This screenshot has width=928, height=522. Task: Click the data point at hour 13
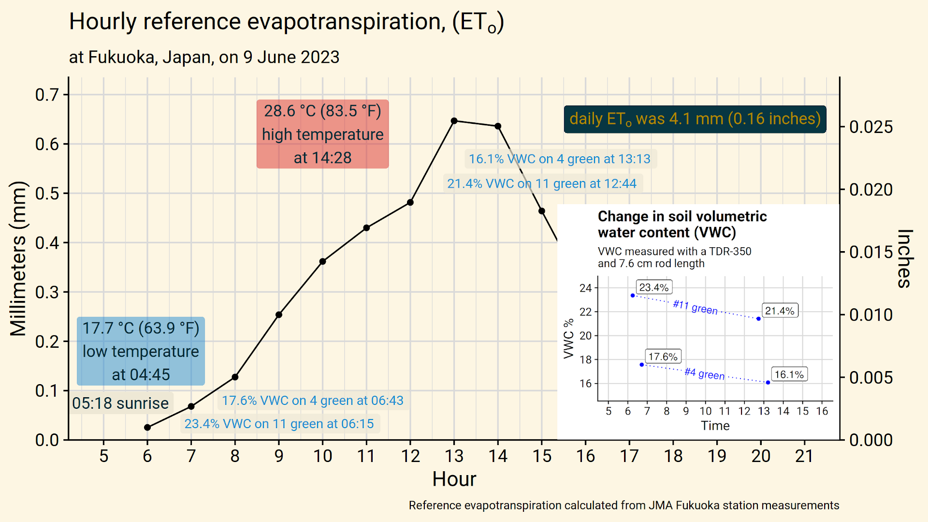(454, 121)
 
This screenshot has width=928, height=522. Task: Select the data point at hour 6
(147, 427)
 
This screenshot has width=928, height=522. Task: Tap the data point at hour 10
(322, 262)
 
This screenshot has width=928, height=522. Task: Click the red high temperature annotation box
(322, 134)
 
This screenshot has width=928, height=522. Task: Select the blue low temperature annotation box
(141, 351)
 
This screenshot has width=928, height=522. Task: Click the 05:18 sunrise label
(120, 403)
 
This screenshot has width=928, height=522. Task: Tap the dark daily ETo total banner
(695, 119)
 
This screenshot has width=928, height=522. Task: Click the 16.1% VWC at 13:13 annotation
(560, 159)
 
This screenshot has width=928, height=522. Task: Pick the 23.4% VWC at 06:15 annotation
(279, 424)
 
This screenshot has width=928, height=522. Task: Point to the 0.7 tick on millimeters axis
(47, 94)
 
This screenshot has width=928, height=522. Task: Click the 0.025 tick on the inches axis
(870, 127)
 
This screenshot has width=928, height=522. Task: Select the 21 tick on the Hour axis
(804, 456)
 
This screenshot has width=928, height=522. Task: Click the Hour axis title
(454, 479)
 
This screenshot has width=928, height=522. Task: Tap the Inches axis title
(904, 258)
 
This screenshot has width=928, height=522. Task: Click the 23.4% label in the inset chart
(653, 287)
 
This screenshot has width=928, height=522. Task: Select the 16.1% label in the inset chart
(789, 374)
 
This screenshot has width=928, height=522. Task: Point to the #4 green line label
(704, 373)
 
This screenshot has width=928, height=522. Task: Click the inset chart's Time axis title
(715, 426)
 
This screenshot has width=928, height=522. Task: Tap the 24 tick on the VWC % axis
(585, 288)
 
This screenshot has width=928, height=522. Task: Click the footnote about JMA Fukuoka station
(623, 506)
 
